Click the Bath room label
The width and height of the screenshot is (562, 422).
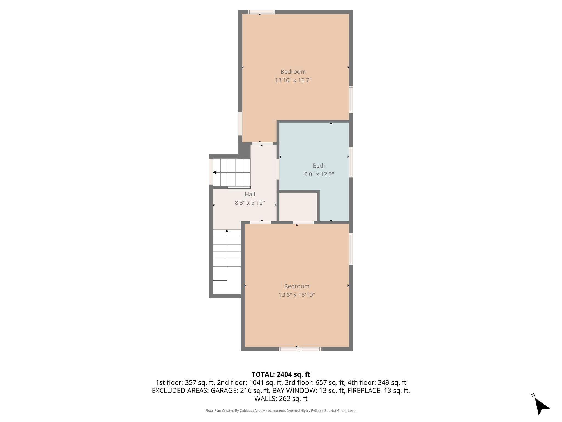coord(319,166)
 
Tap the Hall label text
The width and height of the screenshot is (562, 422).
coord(250,194)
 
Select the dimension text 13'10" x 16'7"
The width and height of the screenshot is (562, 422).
coord(293,80)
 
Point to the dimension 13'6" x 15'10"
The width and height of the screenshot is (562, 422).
coord(297,295)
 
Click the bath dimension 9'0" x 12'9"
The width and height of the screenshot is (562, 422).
coord(319,174)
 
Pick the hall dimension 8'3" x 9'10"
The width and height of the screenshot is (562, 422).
coord(250,203)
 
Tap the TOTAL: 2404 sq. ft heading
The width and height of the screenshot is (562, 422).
coord(281,374)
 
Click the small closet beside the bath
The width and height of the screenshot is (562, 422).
coord(298,207)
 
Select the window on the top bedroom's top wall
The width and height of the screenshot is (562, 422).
coord(261,12)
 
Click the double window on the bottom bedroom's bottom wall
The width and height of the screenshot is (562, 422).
coord(300,349)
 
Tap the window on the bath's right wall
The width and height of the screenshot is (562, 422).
coord(351,162)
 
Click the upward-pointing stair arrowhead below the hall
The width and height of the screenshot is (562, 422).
coord(227,231)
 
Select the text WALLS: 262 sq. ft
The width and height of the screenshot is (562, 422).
coord(281,399)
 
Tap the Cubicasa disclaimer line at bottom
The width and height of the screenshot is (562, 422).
coord(281,411)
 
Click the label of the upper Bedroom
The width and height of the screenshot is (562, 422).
coord(293,72)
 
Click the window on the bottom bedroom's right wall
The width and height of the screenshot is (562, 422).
coord(351,249)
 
